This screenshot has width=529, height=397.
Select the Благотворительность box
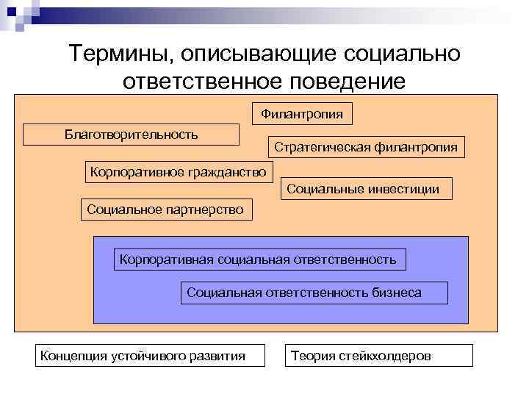pos(132,134)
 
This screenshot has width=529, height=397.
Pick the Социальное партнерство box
pos(165,210)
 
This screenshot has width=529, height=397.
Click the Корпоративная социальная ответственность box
pos(259,260)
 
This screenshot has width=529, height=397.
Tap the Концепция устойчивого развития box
pos(141,356)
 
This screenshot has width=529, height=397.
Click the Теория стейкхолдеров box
pos(378,356)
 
